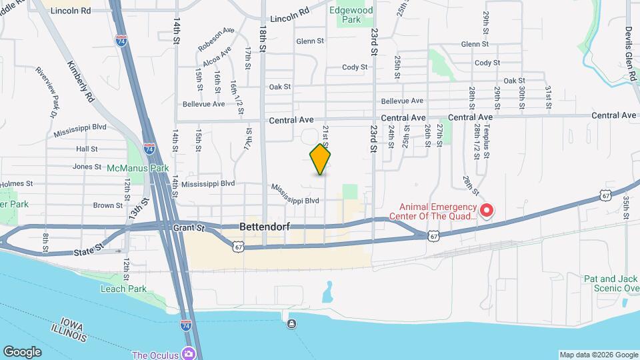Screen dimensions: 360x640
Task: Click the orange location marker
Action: pyautogui.click(x=321, y=159)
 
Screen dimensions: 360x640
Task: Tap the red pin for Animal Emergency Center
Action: pyautogui.click(x=486, y=211)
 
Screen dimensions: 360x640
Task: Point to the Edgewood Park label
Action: pyautogui.click(x=351, y=15)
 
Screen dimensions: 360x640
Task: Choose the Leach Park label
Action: pyautogui.click(x=123, y=289)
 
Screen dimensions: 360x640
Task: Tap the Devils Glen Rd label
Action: pyautogui.click(x=628, y=53)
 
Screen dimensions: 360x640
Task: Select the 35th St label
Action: pyautogui.click(x=626, y=207)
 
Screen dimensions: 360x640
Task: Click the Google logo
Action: pyautogui.click(x=22, y=351)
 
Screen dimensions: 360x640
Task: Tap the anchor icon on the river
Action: pyautogui.click(x=291, y=324)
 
